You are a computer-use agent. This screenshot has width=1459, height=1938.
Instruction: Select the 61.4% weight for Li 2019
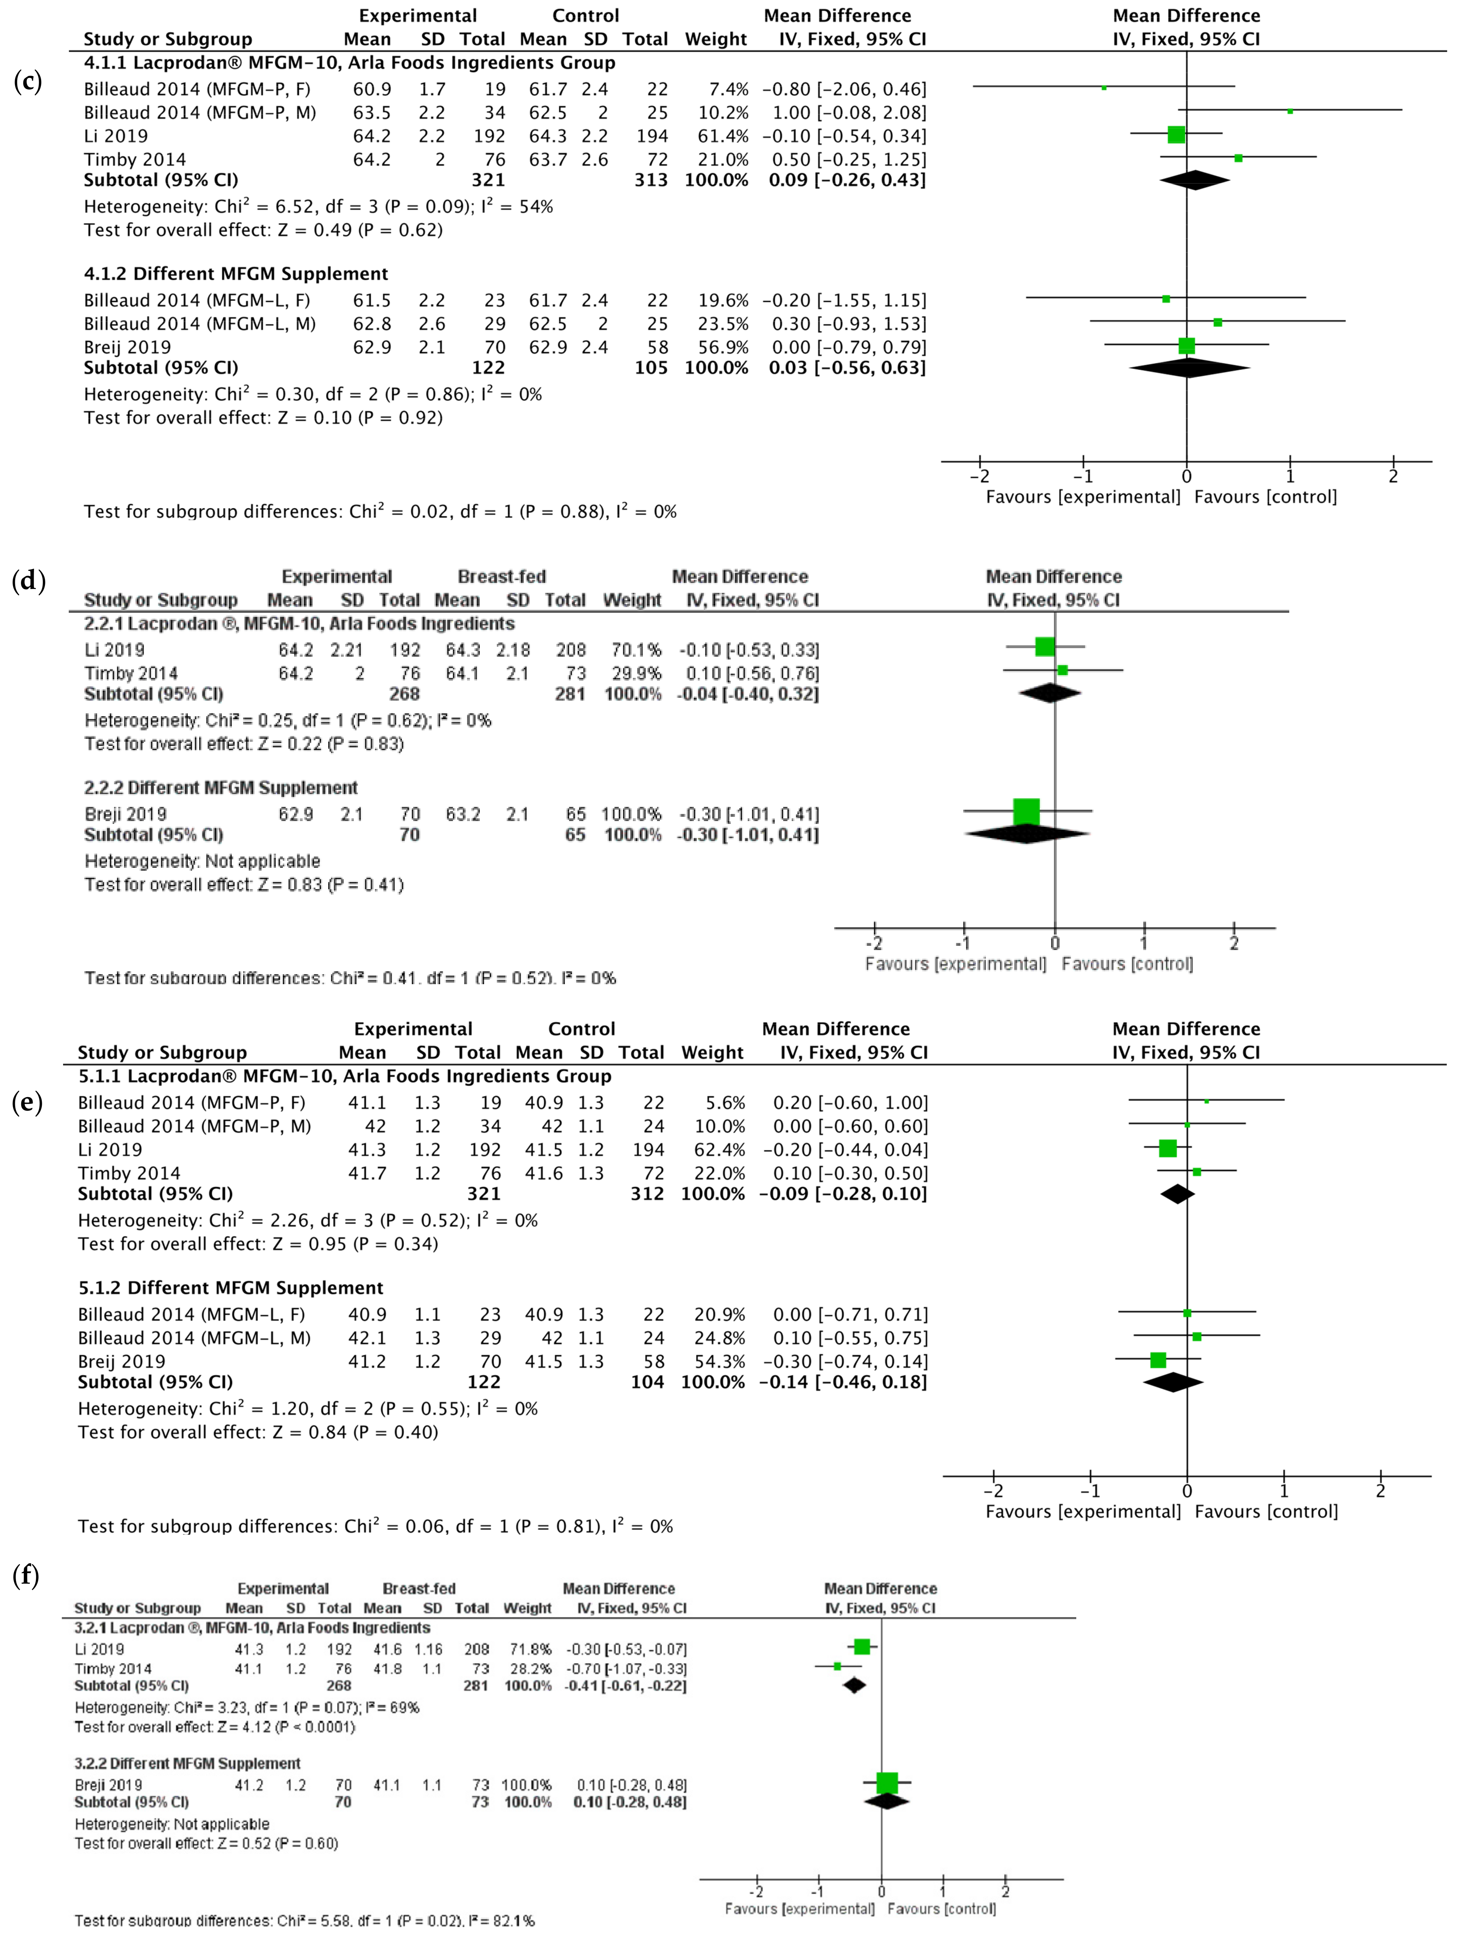tap(723, 136)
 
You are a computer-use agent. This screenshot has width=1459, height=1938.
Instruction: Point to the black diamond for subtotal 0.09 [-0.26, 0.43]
tap(1194, 180)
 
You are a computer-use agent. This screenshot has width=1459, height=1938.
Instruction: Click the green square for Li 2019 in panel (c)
tap(1176, 135)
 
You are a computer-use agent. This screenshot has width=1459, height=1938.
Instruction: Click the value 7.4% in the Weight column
tap(729, 89)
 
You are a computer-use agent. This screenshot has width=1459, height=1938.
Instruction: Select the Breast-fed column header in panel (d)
tap(501, 577)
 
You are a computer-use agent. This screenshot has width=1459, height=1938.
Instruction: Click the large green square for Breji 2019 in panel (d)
tap(1026, 811)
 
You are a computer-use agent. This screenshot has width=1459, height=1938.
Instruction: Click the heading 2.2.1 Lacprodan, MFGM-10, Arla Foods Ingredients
tap(299, 624)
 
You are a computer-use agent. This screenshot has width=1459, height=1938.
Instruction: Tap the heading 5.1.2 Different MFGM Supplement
tap(230, 1288)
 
